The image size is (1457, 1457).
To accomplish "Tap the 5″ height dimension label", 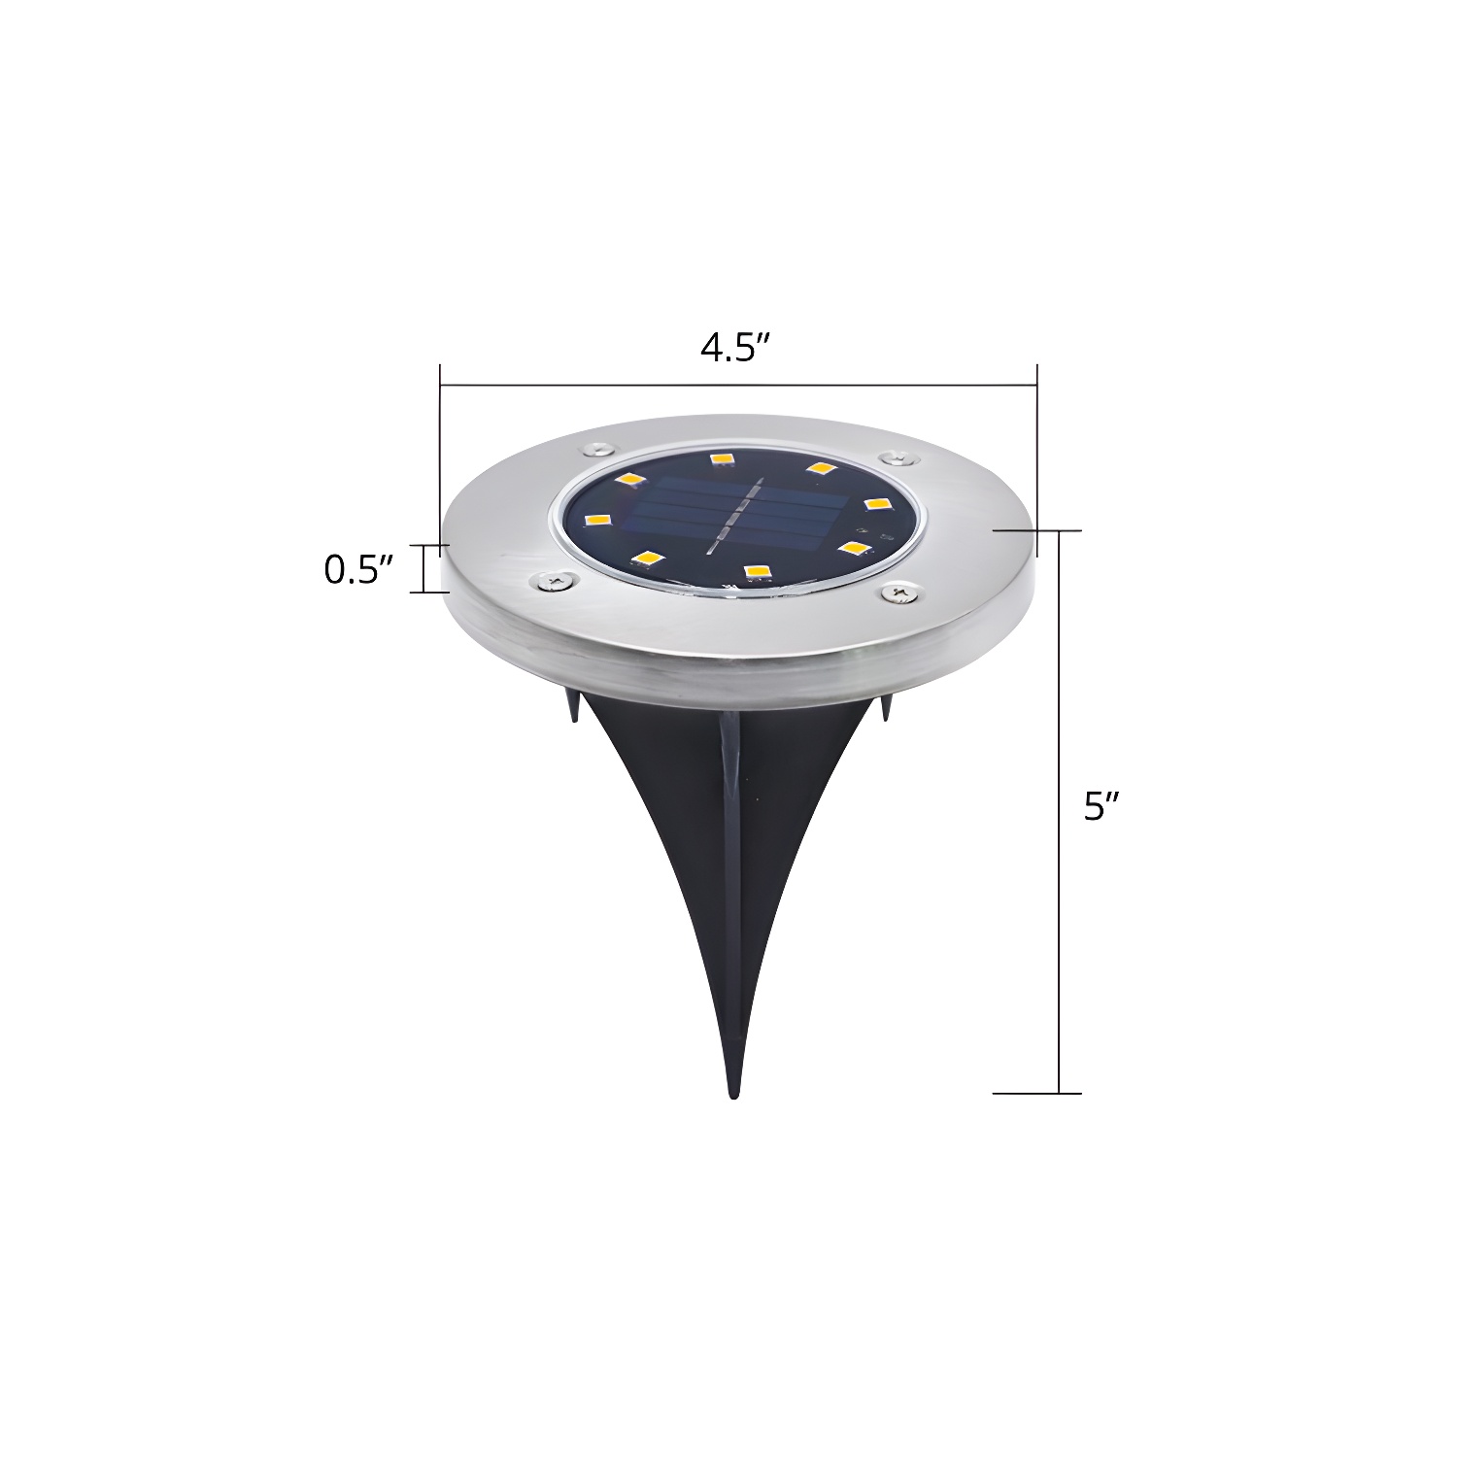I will (1096, 805).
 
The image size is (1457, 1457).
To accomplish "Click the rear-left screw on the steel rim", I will (596, 448).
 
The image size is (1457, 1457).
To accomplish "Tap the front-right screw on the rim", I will (899, 591).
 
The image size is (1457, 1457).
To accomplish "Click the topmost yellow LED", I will (720, 457).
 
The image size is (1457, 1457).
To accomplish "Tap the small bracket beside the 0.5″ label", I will (424, 569).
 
